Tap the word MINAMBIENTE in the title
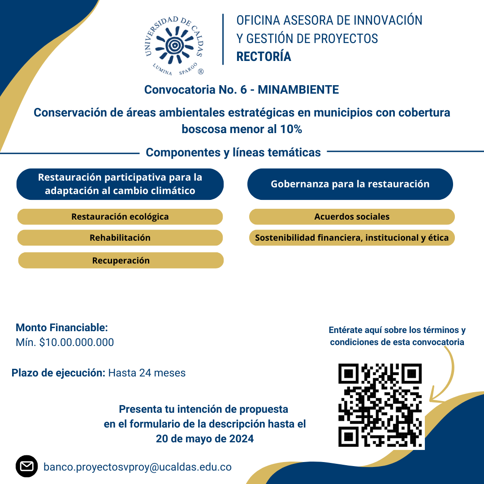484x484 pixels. (x=298, y=90)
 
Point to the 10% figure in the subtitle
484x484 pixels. (x=291, y=130)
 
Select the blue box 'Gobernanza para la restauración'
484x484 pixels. (x=350, y=184)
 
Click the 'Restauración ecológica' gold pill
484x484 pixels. (x=120, y=217)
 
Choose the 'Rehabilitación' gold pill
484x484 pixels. (x=120, y=238)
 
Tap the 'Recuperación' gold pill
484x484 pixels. (x=121, y=260)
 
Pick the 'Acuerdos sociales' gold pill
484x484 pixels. (x=352, y=217)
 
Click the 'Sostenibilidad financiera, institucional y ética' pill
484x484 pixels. (x=352, y=238)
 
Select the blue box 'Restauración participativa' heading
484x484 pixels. (x=120, y=184)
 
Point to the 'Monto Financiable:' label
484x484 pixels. (x=62, y=328)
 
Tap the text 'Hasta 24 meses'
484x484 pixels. (x=147, y=373)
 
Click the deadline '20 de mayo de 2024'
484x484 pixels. (x=205, y=439)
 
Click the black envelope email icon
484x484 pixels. (x=27, y=467)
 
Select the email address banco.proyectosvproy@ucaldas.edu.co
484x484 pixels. (x=138, y=467)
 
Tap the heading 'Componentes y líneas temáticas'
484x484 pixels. (x=233, y=152)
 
